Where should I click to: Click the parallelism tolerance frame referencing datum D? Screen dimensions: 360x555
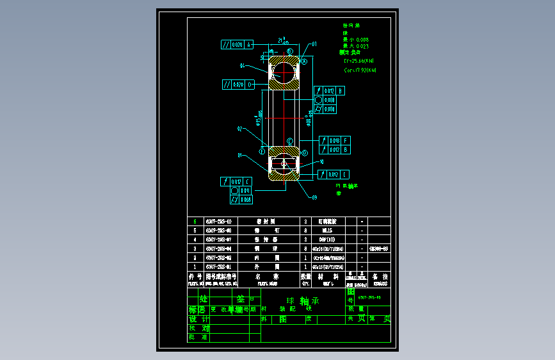point(238,84)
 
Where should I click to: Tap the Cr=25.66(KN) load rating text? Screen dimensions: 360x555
point(360,61)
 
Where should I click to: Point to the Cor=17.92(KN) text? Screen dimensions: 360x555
point(360,70)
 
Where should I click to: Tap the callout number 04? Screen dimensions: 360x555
point(243,65)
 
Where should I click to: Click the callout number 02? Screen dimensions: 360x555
point(241,129)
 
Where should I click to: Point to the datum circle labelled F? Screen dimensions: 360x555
point(304,152)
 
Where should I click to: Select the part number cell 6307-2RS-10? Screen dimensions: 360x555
point(218,221)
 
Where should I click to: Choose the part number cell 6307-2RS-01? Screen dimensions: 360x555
point(218,266)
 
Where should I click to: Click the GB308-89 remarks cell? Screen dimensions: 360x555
point(379,248)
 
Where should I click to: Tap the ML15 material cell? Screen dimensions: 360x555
point(327,230)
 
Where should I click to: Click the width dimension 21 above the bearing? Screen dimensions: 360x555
point(282,40)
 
